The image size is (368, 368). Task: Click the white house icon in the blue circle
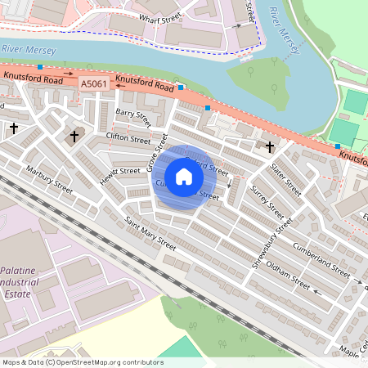(x=184, y=177)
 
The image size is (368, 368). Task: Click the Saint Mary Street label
(x=150, y=233)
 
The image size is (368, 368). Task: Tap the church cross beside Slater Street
(x=270, y=145)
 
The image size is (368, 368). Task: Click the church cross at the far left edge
(x=14, y=128)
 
